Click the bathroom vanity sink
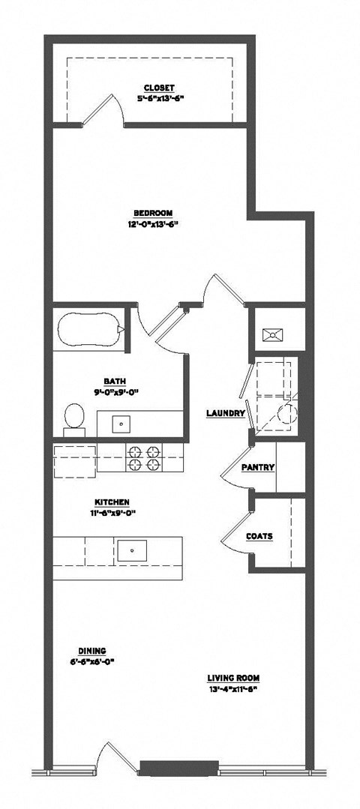pyautogui.click(x=122, y=424)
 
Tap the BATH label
pyautogui.click(x=114, y=380)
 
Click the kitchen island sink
pyautogui.click(x=133, y=550)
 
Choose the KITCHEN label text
pyautogui.click(x=113, y=502)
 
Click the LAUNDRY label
pyautogui.click(x=226, y=413)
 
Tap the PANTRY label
pyautogui.click(x=258, y=468)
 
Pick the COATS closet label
pyautogui.click(x=259, y=536)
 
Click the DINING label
pyautogui.click(x=92, y=651)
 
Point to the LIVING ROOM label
pyautogui.click(x=233, y=678)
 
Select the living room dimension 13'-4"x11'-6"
pyautogui.click(x=233, y=688)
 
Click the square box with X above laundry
pyautogui.click(x=269, y=335)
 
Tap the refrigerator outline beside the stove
pyautogui.click(x=75, y=458)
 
